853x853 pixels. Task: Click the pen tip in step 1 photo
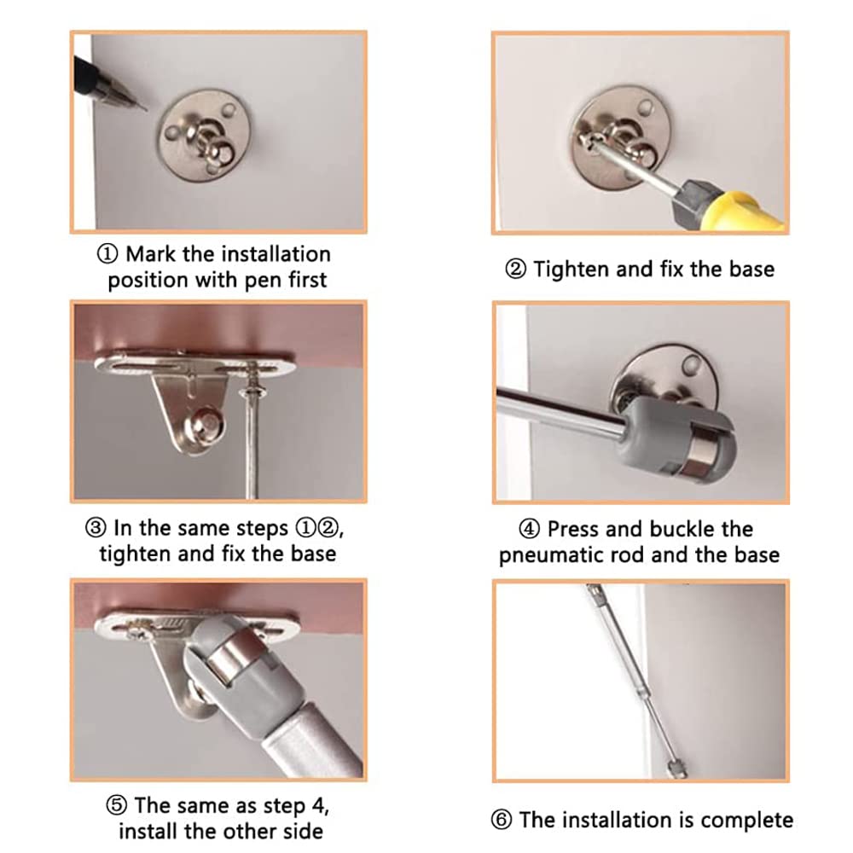(145, 109)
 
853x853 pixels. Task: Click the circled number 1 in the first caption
(107, 253)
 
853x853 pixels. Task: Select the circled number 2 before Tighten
(515, 269)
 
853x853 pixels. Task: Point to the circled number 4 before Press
(529, 529)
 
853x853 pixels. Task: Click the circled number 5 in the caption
(116, 805)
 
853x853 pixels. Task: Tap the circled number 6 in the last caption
(501, 820)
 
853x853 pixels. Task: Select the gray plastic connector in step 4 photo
(679, 438)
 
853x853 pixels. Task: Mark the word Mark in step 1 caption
(151, 254)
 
